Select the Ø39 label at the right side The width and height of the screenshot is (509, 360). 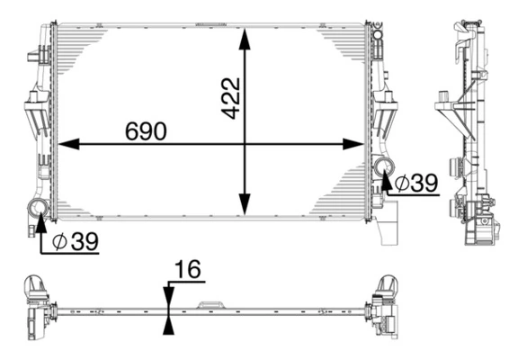tap(415, 183)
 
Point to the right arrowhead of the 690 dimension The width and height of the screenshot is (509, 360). tap(357, 144)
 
